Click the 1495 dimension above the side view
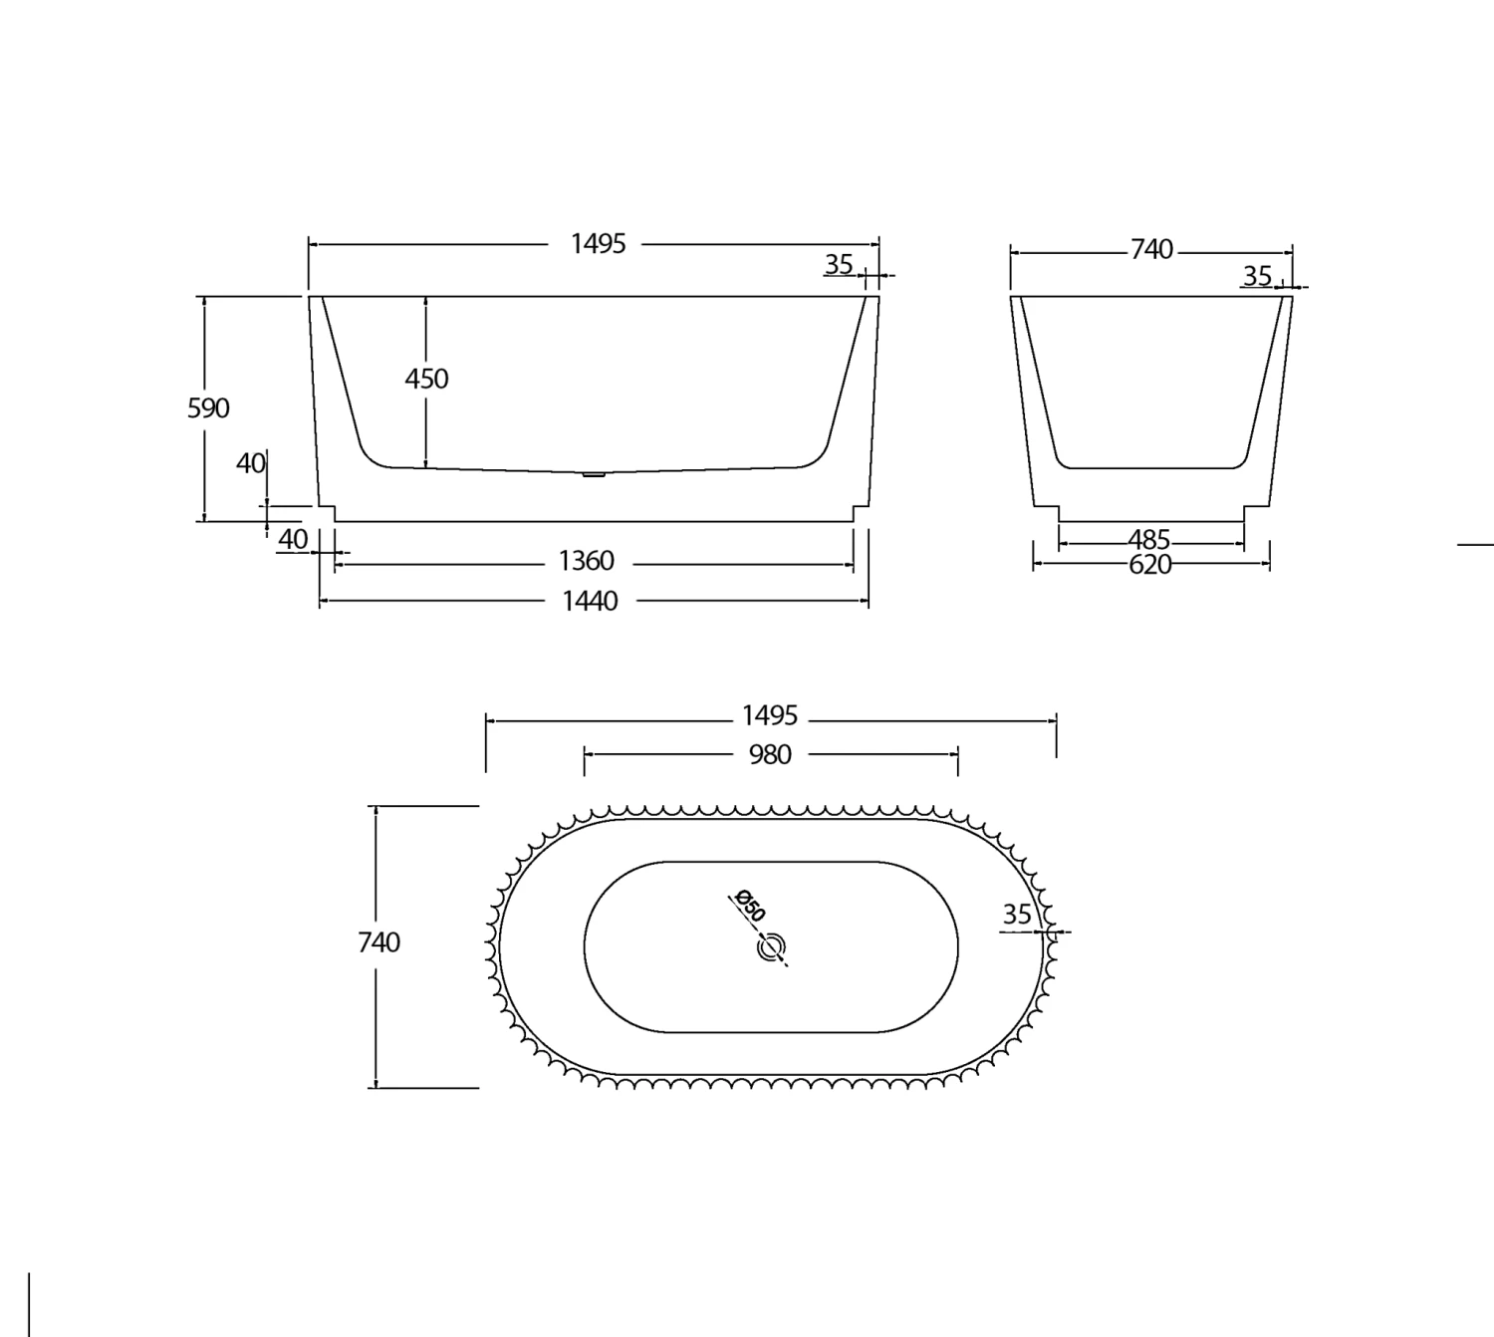click(598, 243)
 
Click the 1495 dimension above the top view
click(770, 715)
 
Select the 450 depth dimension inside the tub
click(426, 379)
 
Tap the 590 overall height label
click(208, 407)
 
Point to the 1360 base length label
click(586, 561)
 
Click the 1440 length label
click(590, 601)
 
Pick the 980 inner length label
click(770, 754)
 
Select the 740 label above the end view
click(1151, 249)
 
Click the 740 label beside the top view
click(378, 941)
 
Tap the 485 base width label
click(1148, 540)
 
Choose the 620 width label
click(1150, 565)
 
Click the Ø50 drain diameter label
click(748, 906)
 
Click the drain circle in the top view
click(771, 947)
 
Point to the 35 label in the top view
click(1017, 914)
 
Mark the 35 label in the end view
click(1257, 275)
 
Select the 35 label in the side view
click(839, 264)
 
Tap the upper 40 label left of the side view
click(251, 463)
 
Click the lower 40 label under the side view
click(293, 539)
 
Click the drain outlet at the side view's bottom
click(594, 475)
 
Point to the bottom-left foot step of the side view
click(328, 513)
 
